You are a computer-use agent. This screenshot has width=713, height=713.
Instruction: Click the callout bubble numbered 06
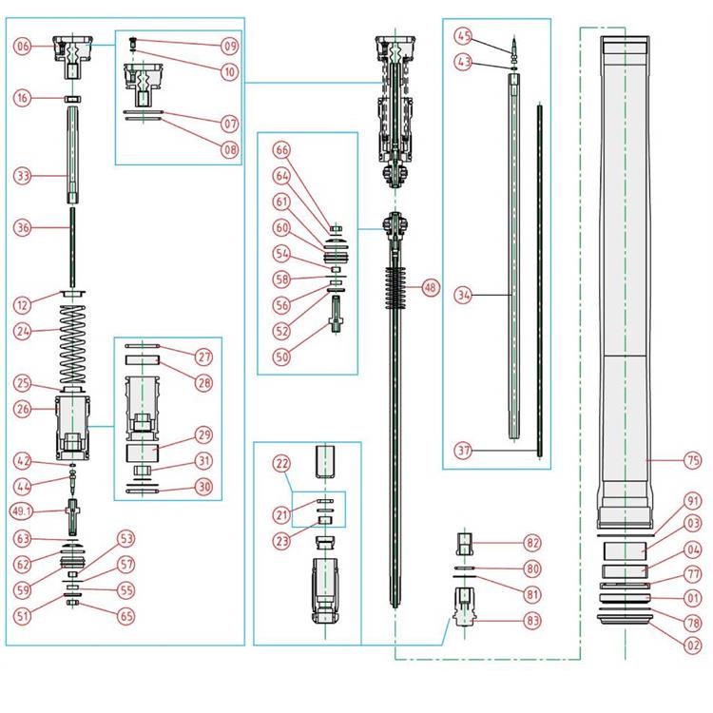tap(23, 46)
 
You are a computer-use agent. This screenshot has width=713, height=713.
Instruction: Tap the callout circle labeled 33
tap(23, 176)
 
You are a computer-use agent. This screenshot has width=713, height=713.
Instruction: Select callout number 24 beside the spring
tap(23, 332)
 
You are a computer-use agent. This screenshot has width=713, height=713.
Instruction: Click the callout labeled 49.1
tap(23, 511)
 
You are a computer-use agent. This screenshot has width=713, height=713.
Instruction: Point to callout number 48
tap(432, 287)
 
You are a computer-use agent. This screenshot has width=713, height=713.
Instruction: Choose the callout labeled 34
tap(464, 296)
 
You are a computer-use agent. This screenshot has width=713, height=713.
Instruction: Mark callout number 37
tap(464, 450)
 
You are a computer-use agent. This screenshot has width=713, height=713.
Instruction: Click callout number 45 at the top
tap(464, 36)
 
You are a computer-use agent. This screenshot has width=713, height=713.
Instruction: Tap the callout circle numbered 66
tap(281, 150)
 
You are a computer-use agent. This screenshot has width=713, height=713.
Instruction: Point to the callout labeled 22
tap(281, 463)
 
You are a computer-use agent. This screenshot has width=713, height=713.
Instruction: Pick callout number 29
tap(204, 434)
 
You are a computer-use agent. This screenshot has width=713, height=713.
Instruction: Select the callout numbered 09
tap(230, 46)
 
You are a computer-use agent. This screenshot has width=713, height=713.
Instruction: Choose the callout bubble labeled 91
tap(692, 501)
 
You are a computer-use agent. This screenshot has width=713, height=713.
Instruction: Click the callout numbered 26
tap(23, 410)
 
